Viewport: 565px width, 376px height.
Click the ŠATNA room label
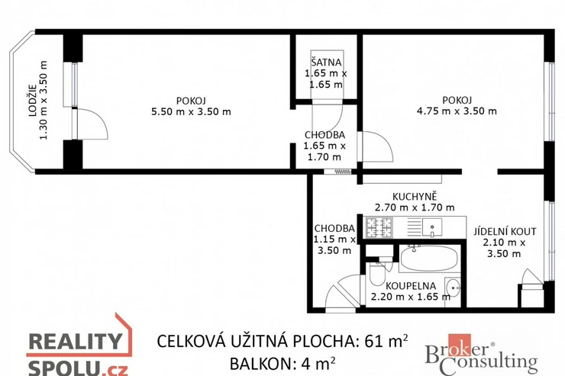click(x=326, y=63)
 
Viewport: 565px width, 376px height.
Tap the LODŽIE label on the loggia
click(x=33, y=100)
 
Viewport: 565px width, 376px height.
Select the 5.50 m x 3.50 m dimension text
click(x=191, y=112)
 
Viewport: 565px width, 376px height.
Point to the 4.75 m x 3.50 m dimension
click(x=457, y=111)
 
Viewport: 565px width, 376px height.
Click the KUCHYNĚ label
click(x=415, y=197)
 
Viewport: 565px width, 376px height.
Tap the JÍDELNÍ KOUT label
click(x=505, y=231)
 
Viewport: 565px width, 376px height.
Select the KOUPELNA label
click(x=411, y=286)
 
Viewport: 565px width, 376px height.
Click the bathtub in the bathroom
click(x=429, y=258)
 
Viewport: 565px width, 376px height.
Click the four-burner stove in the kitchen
click(x=379, y=227)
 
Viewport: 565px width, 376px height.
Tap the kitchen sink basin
click(x=432, y=227)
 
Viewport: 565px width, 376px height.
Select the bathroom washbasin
click(x=452, y=288)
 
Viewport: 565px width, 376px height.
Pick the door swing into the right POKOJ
click(x=378, y=146)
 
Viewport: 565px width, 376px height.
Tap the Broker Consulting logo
click(x=481, y=355)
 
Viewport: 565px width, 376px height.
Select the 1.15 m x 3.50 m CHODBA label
click(x=334, y=239)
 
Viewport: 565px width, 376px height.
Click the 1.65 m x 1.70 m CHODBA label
click(x=324, y=146)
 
